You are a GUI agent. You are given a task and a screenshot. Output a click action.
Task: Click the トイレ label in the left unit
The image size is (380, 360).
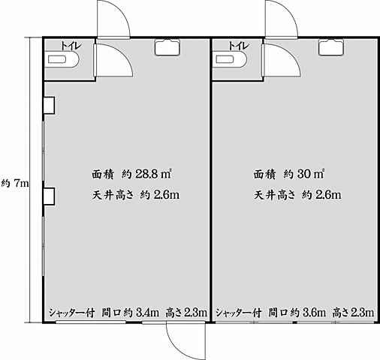coord(71,46)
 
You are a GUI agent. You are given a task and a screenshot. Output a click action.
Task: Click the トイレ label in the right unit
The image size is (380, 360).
coord(239,46)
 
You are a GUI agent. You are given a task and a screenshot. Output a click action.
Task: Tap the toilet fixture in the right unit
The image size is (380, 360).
coord(231,59)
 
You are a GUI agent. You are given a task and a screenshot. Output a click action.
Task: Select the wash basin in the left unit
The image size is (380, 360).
coord(167,47)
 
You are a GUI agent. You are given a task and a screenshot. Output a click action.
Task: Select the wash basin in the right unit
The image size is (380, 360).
coord(331,47)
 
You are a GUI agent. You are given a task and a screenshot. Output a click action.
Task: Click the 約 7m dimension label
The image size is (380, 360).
coord(15,184)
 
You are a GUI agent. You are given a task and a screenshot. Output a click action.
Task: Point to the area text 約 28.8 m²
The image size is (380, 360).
coord(146,174)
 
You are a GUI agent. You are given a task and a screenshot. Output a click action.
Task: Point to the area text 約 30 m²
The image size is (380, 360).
coord(304,174)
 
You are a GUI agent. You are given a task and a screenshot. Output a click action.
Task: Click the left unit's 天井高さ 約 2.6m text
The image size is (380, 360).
coord(136,195)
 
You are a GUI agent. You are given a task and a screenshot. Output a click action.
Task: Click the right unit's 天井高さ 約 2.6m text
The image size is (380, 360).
coord(297,195)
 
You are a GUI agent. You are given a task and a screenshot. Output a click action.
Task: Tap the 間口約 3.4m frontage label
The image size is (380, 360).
coord(130,313)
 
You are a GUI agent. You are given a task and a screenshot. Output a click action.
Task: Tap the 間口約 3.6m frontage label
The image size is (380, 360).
coord(297,313)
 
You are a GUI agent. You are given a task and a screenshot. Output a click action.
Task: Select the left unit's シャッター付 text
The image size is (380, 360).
coord(71,313)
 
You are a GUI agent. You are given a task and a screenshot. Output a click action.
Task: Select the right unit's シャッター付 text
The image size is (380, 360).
coord(239,313)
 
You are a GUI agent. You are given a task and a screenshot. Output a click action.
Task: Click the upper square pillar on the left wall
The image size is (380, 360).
coord(49,105)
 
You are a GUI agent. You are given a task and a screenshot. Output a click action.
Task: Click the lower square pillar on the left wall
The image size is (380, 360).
coord(49,196)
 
